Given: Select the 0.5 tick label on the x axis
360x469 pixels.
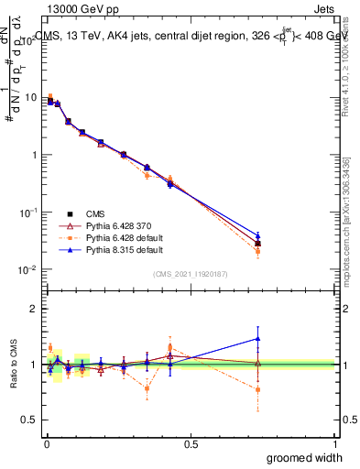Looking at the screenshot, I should coord(191,443).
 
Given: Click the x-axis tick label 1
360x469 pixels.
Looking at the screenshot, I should coord(335,443).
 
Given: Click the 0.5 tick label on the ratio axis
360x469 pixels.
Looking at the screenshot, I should coord(28,420).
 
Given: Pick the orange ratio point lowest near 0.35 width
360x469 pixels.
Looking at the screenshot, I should coord(147,388).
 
